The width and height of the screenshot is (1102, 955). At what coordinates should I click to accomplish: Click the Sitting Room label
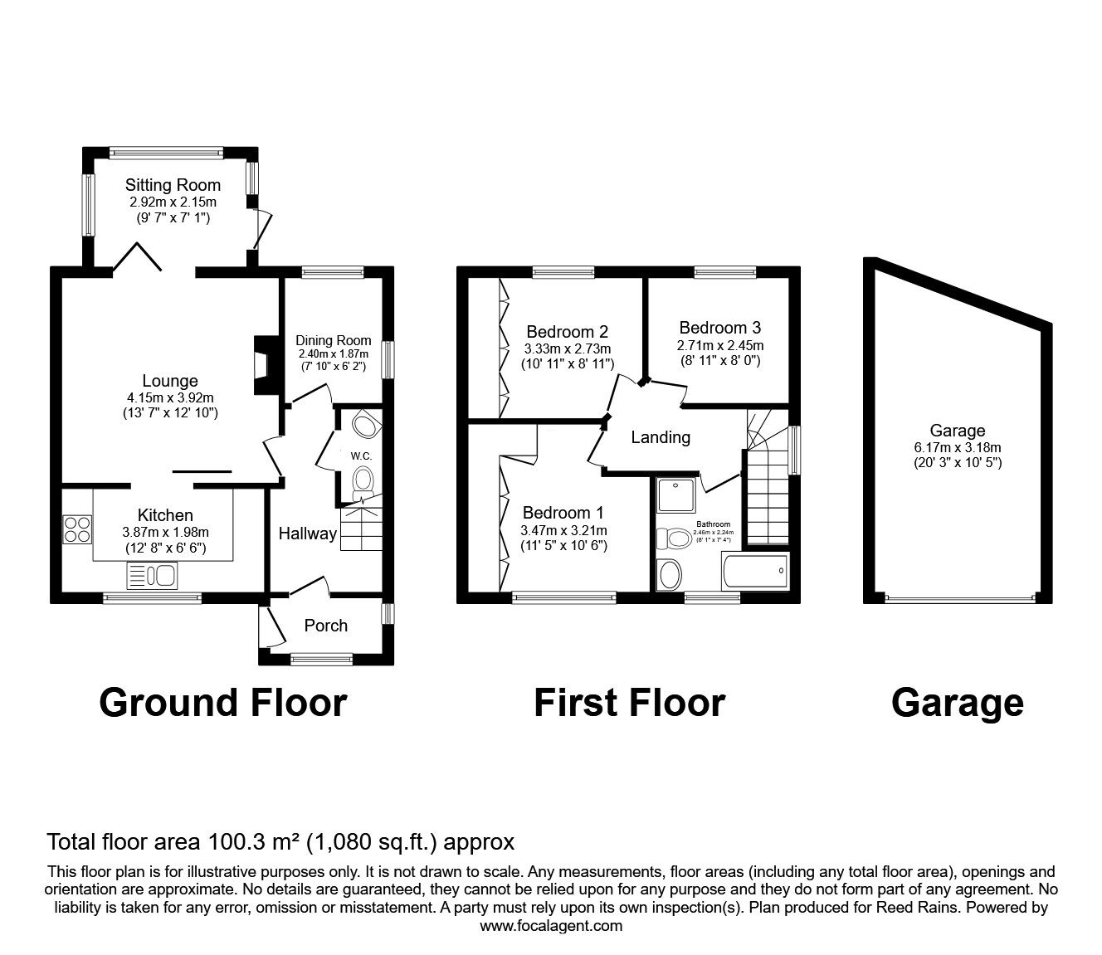click(173, 185)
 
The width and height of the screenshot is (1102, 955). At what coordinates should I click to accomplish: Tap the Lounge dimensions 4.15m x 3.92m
click(169, 397)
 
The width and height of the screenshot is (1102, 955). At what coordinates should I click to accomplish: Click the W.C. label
click(360, 456)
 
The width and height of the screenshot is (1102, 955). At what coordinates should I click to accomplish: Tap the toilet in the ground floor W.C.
click(363, 481)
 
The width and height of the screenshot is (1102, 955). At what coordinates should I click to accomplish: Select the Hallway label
click(307, 534)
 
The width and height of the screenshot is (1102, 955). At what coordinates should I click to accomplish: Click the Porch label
click(325, 626)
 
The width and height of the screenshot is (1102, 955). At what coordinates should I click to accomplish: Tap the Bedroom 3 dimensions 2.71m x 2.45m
click(719, 345)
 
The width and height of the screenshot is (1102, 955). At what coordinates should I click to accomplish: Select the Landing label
click(661, 437)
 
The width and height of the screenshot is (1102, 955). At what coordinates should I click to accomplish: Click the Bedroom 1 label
click(563, 513)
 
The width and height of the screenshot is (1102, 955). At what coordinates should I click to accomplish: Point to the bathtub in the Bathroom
click(756, 572)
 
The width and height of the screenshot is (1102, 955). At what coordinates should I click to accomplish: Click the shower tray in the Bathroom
click(675, 496)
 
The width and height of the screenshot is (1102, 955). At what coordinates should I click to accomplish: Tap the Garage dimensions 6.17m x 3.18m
click(957, 447)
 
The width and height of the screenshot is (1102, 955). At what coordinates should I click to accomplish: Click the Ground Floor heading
click(222, 703)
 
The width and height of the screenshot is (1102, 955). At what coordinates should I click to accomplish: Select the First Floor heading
click(629, 703)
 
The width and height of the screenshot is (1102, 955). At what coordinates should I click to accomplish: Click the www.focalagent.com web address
click(551, 926)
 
